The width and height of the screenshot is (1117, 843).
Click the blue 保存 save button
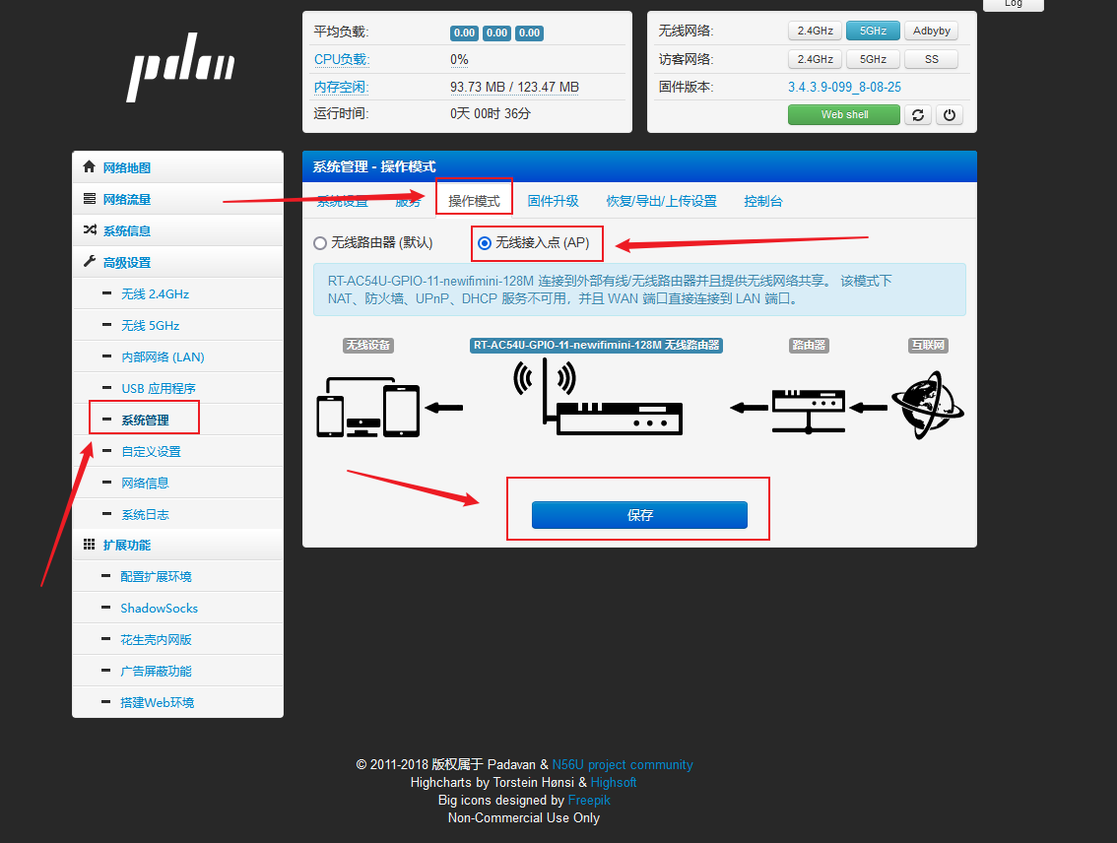pos(639,515)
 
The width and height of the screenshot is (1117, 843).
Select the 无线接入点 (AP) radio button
pos(485,243)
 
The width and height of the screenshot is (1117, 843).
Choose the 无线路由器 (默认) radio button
pos(320,243)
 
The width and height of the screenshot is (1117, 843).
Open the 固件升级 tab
pos(553,202)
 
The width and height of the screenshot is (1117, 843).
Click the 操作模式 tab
pos(474,202)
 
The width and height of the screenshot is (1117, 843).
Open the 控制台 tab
pos(763,202)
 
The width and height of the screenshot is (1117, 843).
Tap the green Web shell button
pos(844,114)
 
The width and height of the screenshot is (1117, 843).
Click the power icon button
pos(949,114)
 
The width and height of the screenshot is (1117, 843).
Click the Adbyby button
pos(931,31)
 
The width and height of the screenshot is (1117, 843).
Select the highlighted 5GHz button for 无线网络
pos(873,31)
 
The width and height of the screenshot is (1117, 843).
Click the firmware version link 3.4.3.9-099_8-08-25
pos(844,87)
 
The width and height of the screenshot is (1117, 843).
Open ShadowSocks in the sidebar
pos(159,608)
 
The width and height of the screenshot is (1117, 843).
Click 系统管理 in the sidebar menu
pos(146,421)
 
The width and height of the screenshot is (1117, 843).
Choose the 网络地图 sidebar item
pos(127,168)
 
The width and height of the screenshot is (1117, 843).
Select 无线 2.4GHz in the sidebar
pos(156,294)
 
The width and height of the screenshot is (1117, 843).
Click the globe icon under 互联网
pos(928,405)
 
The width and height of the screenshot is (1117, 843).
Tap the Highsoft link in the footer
pos(614,783)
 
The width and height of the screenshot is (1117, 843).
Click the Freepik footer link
pos(589,801)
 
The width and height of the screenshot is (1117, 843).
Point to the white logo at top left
pos(181,68)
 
